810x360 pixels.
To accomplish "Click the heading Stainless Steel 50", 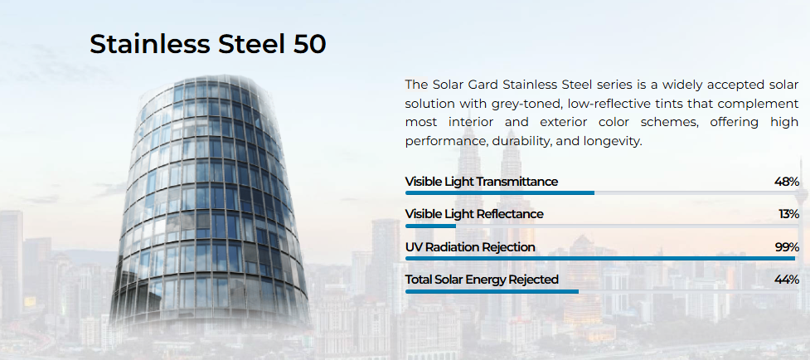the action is tap(207, 44).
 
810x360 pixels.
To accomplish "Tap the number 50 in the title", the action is tap(309, 44).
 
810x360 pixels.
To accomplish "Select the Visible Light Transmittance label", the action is tap(482, 182).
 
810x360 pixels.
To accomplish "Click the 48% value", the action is tap(787, 182).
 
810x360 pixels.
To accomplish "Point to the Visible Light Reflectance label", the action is tap(474, 214).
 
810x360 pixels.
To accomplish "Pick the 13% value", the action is tap(788, 214).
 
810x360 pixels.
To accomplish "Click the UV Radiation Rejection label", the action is tap(470, 247).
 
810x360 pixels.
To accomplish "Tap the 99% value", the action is tap(787, 247).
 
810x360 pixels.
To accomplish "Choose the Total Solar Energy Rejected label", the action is tap(482, 280).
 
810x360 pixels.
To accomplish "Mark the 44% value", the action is tap(787, 280).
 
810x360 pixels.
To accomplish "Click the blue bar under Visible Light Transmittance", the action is tap(500, 192).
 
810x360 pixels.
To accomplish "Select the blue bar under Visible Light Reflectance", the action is tap(431, 226).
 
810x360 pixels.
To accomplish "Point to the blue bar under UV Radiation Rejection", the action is tap(600, 258).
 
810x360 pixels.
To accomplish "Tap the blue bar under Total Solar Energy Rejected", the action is tap(492, 291).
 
